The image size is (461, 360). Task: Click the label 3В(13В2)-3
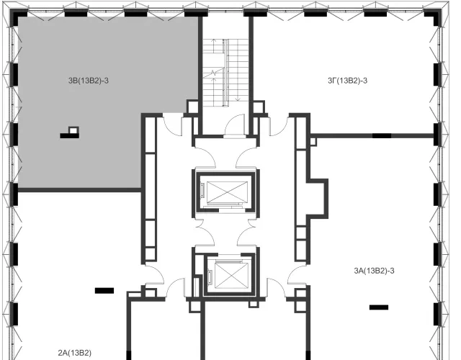coord(89,81)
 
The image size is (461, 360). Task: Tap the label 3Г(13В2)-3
coord(347,81)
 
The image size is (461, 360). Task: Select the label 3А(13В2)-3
coord(375,271)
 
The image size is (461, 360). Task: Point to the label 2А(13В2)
coord(75,353)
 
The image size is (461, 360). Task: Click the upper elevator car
coord(228,192)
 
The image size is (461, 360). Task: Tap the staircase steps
coord(226,72)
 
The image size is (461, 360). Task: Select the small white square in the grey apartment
coord(73,130)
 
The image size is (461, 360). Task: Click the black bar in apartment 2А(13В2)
coord(104,291)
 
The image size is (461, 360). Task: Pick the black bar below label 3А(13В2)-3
coord(379,307)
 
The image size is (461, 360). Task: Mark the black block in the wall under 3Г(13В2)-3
coord(382,135)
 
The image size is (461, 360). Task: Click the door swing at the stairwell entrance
coord(234,124)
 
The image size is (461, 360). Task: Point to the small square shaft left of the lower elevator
coord(195,287)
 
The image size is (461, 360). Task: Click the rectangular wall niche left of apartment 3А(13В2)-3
coord(317,199)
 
